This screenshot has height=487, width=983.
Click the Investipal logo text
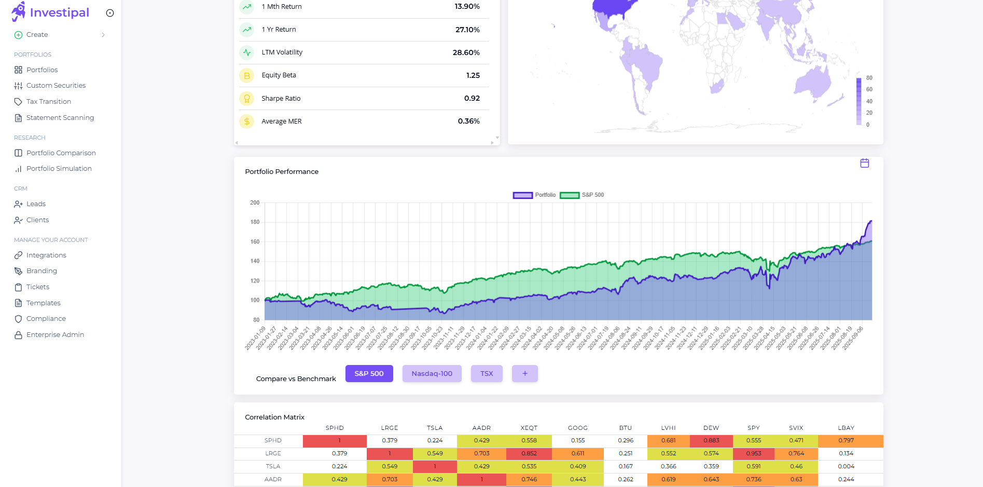[x=59, y=12]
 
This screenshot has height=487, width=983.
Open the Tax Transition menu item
[x=48, y=102]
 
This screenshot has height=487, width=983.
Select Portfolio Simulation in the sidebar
[x=59, y=169]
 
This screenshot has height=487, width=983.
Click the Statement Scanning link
[x=60, y=118]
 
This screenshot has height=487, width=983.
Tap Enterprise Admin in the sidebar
[x=55, y=335]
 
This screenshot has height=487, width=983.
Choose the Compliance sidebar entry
[x=46, y=319]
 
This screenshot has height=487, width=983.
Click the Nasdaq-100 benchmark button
[x=432, y=374]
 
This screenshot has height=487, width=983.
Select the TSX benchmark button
[x=486, y=374]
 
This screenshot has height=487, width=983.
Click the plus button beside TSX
[x=524, y=374]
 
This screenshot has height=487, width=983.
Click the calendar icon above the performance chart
[x=864, y=164]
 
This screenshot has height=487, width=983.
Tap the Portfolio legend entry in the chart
[x=534, y=195]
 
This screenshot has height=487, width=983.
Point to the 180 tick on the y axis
[x=255, y=222]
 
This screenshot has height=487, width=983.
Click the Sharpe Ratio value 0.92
[x=472, y=99]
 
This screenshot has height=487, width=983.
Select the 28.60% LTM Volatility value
[x=466, y=52]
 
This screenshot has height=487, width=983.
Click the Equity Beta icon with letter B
[x=247, y=76]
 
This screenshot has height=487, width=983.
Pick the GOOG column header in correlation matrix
[x=577, y=428]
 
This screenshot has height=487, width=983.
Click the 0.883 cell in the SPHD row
[x=711, y=441]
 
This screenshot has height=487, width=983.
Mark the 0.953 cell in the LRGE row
[x=753, y=454]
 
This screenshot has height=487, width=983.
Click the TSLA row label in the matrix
[x=273, y=467]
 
